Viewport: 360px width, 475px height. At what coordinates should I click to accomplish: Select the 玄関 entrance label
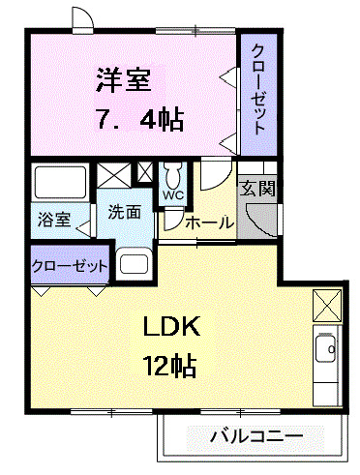point(256,187)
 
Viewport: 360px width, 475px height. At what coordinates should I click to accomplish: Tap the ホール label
point(209,223)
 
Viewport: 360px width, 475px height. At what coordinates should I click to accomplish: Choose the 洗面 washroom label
point(125,211)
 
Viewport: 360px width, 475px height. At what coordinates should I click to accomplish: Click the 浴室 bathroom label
point(54,219)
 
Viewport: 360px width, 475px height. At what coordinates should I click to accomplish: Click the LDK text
point(173,327)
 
